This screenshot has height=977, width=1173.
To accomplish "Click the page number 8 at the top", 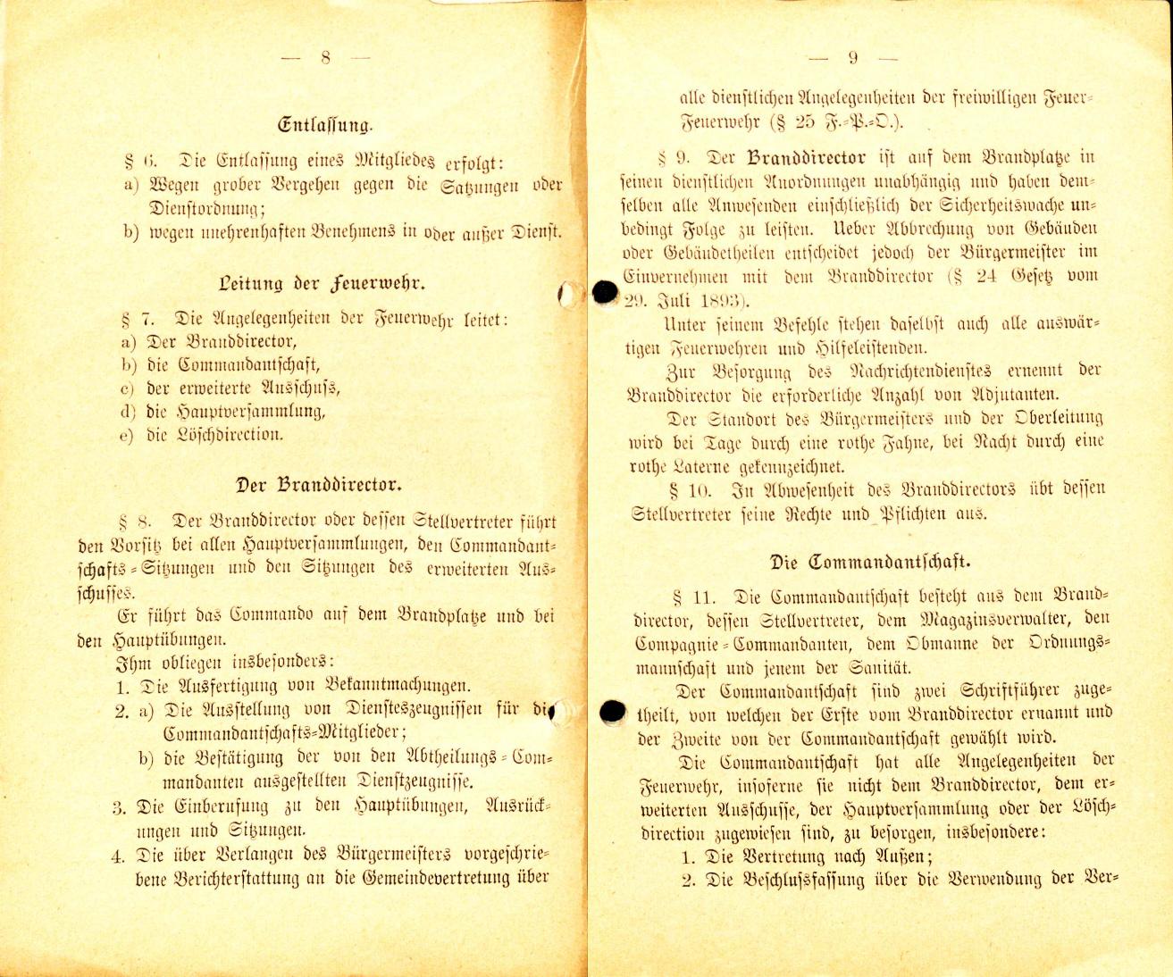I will [325, 58].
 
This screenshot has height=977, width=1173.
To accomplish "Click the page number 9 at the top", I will [853, 58].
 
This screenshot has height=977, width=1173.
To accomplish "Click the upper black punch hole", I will [606, 292].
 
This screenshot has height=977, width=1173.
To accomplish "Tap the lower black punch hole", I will [612, 711].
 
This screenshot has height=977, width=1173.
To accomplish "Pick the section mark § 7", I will [134, 318].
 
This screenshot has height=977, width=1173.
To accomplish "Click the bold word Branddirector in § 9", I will [806, 159].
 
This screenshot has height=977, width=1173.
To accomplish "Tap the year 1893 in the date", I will [711, 300].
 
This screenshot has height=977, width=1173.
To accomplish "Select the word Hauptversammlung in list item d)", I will [249, 412].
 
